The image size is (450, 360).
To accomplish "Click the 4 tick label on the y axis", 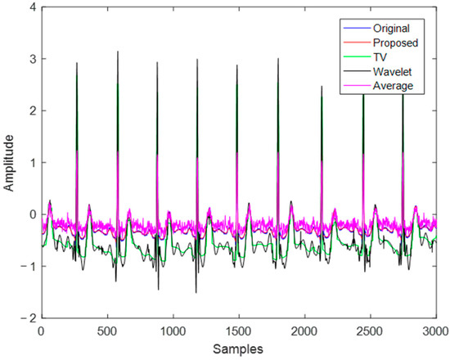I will pyautogui.click(x=30, y=7).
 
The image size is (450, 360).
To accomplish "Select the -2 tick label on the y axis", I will pyautogui.click(x=28, y=317).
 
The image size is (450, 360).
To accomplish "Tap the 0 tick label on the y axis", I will pyautogui.click(x=30, y=214).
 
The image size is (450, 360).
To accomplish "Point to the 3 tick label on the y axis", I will pyautogui.click(x=30, y=59).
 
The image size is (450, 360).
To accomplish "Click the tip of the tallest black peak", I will pyautogui.click(x=118, y=52).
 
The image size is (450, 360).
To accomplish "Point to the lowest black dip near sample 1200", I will pyautogui.click(x=196, y=292).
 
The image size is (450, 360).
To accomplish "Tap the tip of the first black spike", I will pyautogui.click(x=77, y=62).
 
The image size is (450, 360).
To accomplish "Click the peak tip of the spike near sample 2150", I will pyautogui.click(x=322, y=86).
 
